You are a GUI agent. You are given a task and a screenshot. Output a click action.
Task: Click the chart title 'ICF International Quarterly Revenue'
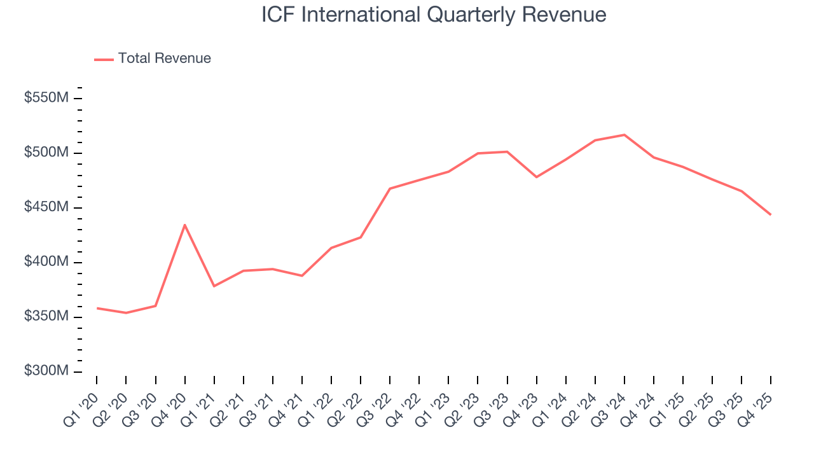[x=434, y=15]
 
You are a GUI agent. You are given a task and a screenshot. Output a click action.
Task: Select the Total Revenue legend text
[x=164, y=59]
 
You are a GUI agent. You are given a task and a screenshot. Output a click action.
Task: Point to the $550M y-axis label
[x=46, y=99]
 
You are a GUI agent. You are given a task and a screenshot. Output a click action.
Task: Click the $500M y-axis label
[x=46, y=153]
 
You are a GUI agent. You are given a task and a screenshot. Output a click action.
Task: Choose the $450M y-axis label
[x=46, y=208]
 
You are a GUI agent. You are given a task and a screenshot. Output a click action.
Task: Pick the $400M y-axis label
[x=46, y=262]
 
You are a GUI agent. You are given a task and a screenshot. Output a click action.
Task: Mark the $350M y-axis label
[x=46, y=317]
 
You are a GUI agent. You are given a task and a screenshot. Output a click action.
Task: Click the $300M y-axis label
[x=46, y=371]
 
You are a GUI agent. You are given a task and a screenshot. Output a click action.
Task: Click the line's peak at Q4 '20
[x=184, y=225]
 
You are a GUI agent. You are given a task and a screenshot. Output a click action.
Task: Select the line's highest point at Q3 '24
[x=624, y=135]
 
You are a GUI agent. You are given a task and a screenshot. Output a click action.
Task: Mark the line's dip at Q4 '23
[x=536, y=177]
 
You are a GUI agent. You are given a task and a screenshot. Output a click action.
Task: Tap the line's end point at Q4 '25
[x=771, y=215]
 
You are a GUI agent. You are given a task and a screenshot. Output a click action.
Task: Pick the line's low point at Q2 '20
[x=126, y=313]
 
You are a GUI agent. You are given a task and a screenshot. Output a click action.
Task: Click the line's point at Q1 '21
[x=214, y=286]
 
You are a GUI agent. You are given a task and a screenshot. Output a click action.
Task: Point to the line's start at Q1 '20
[x=97, y=308]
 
